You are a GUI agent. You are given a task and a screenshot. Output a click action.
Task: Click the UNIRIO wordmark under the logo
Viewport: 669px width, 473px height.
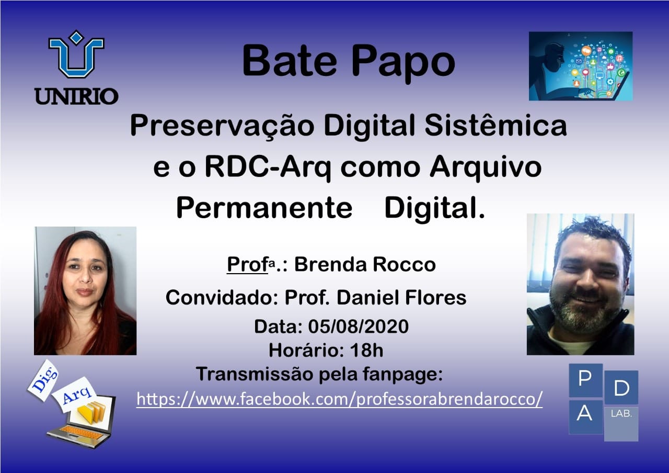point(76,96)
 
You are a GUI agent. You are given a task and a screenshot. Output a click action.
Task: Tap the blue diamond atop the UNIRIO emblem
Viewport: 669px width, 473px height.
point(76,37)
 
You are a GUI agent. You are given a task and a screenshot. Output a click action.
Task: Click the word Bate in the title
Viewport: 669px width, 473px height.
point(290,62)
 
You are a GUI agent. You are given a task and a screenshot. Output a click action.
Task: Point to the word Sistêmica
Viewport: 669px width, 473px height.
point(496,126)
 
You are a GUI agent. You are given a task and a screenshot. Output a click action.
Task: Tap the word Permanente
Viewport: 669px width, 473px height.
point(264,208)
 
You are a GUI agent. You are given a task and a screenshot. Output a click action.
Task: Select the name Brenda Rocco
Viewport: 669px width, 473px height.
point(365,265)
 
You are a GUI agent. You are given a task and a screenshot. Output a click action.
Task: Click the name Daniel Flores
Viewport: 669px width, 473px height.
point(402,298)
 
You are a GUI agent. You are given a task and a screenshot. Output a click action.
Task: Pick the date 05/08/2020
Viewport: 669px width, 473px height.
point(359,326)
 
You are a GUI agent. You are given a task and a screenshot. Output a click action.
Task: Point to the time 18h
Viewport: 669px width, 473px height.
point(367,350)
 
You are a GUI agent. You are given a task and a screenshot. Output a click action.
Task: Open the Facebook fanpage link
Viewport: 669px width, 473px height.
point(339,399)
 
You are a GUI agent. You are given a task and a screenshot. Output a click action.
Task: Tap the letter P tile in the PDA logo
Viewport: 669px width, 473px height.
point(585,380)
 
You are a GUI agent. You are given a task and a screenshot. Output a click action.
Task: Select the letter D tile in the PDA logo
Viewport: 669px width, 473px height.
point(621,388)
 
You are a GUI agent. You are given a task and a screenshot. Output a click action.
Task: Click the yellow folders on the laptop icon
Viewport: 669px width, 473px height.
point(91,412)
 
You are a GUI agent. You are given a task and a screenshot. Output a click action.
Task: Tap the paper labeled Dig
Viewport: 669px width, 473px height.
point(43,381)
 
